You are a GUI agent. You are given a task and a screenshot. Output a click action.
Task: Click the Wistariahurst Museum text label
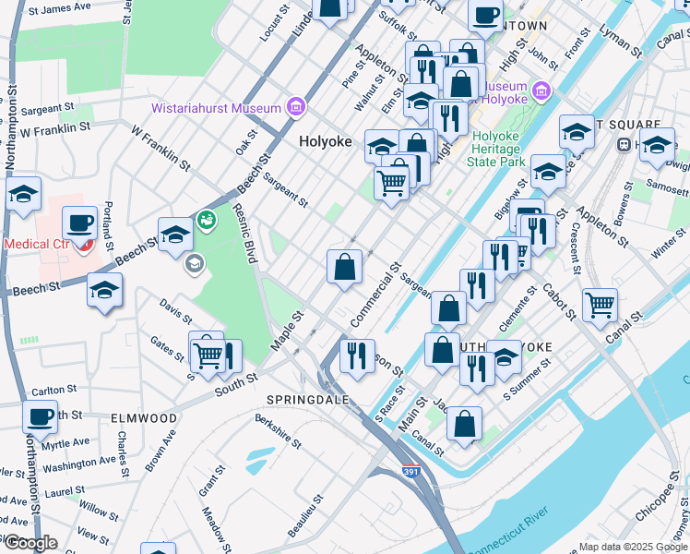click(229, 108)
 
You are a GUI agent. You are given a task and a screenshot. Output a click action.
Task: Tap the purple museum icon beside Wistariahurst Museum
click(296, 108)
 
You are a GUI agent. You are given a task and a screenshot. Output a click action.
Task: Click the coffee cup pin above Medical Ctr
click(79, 223)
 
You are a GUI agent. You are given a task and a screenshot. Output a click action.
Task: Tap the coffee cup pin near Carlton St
click(40, 416)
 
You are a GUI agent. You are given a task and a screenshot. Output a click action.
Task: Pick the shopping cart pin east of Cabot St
click(600, 304)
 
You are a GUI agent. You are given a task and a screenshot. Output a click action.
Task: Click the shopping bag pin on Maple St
click(344, 268)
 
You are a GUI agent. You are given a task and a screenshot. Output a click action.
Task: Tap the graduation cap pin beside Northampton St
click(23, 194)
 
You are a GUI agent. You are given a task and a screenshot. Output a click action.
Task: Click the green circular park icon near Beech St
click(206, 220)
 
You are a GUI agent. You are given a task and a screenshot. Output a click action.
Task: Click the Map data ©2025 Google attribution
click(632, 547)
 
